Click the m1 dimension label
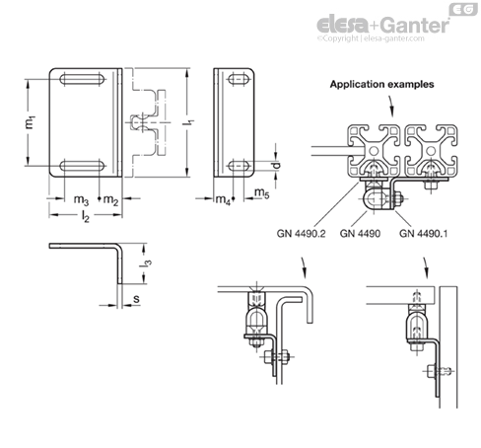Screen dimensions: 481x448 (x=30, y=122)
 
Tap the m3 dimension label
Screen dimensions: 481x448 (x=81, y=199)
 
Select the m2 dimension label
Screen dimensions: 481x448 (x=110, y=199)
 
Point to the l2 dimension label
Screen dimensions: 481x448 (x=86, y=216)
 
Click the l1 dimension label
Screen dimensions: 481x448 (x=188, y=122)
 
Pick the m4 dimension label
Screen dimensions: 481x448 (x=223, y=199)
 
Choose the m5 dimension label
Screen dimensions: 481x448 (x=262, y=192)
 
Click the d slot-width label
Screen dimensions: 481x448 (x=277, y=165)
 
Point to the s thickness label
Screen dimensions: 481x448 (x=136, y=299)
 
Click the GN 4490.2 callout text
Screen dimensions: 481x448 (x=301, y=234)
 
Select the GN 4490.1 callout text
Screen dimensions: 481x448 (x=423, y=234)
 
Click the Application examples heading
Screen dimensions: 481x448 (x=381, y=84)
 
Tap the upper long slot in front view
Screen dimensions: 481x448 (x=82, y=79)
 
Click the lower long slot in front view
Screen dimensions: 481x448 (x=82, y=166)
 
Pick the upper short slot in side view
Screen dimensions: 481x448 (x=239, y=79)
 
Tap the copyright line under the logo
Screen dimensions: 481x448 (x=371, y=38)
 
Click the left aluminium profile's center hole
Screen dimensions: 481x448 (x=374, y=151)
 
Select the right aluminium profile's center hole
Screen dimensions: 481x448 (x=431, y=151)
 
